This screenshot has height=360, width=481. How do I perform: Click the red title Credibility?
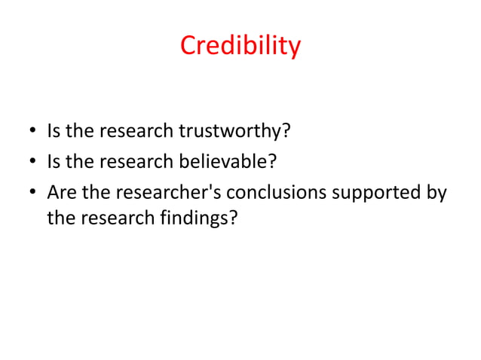(x=240, y=47)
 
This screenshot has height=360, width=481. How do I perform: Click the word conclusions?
(x=276, y=193)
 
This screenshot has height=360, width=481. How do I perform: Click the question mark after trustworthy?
(x=286, y=133)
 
